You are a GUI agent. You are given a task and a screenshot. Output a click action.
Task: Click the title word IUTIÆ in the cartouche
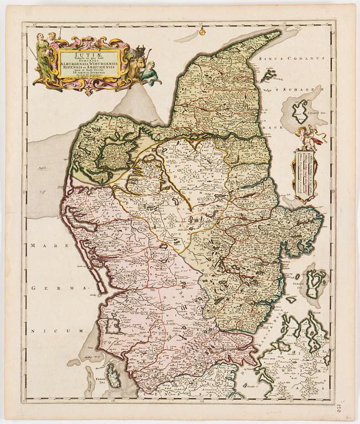pyautogui.click(x=89, y=54)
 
